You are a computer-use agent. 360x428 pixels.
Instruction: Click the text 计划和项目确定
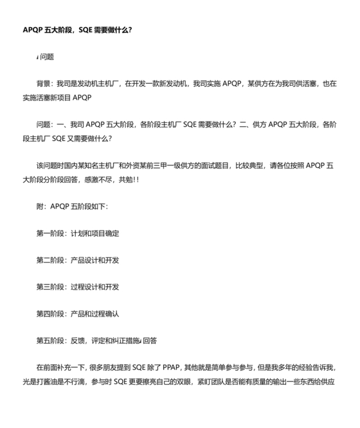point(94,233)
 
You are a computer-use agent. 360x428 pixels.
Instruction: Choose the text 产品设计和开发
point(94,260)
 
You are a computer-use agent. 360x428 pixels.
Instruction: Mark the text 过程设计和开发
point(94,287)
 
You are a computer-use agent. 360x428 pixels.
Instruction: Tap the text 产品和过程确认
point(94,314)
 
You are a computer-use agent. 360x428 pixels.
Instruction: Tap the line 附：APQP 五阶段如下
point(73,206)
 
